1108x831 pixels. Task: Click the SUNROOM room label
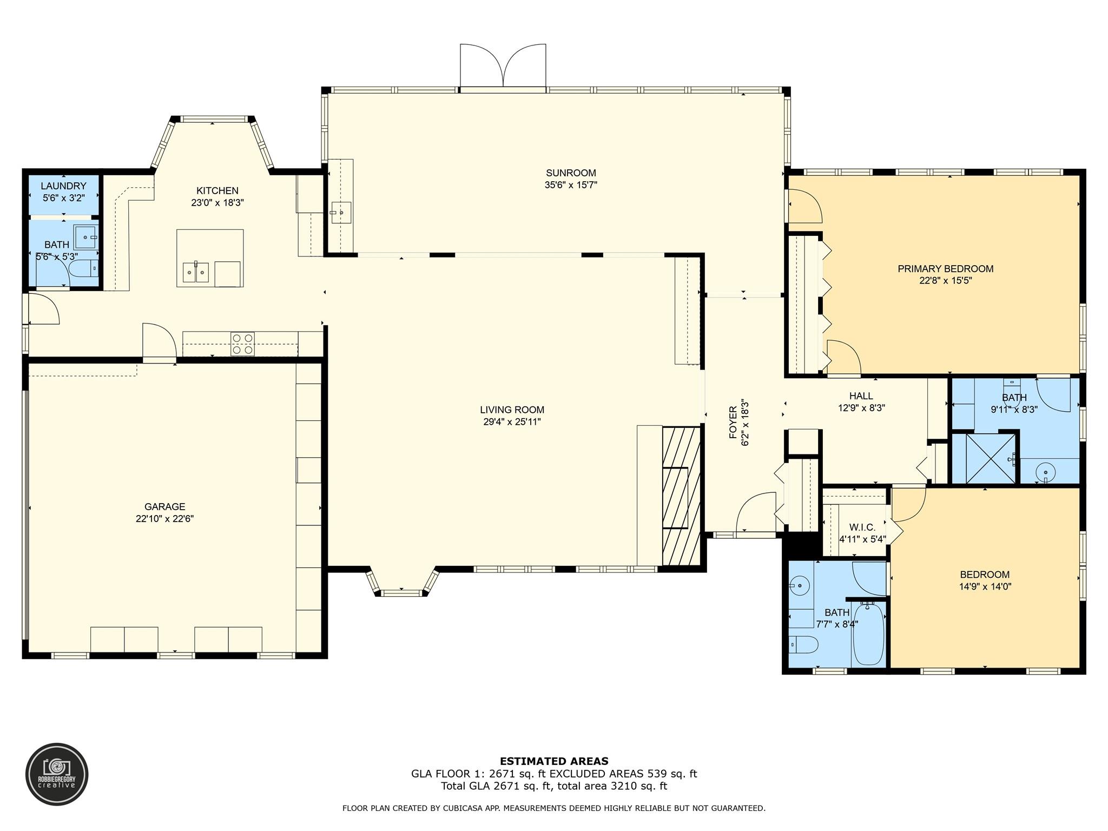571,173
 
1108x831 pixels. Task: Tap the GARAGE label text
164,507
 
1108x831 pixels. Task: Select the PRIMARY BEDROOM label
945,269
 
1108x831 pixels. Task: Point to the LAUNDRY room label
63,186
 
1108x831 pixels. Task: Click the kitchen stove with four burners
242,344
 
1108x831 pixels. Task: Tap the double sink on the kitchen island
195,272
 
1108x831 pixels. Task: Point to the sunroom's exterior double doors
503,66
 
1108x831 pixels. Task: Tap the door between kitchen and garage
159,341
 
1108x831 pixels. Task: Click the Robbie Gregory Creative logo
57,774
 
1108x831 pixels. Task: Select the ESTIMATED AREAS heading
553,761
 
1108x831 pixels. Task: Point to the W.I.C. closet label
862,527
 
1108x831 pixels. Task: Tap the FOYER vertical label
733,423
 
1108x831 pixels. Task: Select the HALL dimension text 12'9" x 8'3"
861,408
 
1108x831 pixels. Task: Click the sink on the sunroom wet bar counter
341,213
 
